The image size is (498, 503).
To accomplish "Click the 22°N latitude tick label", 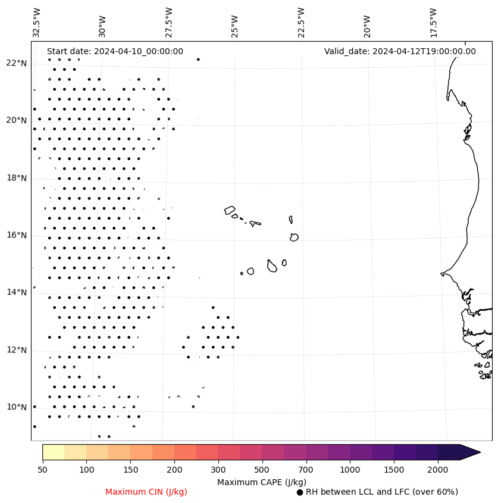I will click(17, 63).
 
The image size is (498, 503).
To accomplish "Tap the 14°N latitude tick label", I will click(17, 292).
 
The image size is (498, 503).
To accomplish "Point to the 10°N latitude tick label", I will click(17, 407).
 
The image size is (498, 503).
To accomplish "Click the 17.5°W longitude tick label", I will click(433, 22).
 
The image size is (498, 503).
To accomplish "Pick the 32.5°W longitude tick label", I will click(36, 22).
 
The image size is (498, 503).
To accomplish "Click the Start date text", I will click(115, 51).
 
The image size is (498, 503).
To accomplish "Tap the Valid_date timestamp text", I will click(400, 51).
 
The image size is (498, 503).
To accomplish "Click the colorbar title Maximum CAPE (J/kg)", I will click(261, 482).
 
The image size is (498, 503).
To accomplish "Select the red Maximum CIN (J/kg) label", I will click(146, 492).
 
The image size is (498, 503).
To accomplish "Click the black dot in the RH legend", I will click(300, 492).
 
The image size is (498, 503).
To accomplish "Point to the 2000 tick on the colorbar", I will click(437, 470).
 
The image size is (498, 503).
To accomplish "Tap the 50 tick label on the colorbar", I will click(42, 470).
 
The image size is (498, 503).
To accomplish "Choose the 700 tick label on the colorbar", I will click(306, 470).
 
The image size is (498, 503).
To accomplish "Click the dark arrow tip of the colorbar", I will click(473, 452).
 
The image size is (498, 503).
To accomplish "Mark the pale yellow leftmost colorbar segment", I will click(53, 452).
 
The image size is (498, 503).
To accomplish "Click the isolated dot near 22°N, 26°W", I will click(198, 60).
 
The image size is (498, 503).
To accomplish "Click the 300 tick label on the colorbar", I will click(218, 470).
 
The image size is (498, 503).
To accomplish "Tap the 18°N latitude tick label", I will click(17, 178).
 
